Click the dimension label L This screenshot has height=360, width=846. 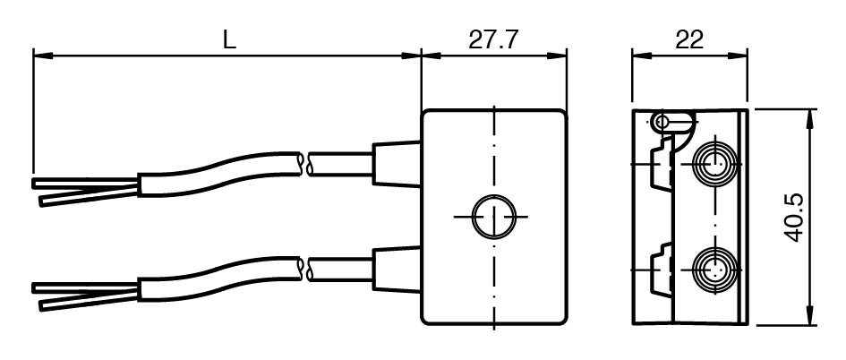pos(229,39)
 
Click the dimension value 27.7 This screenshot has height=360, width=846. pos(493,39)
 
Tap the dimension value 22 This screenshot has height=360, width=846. pos(689,39)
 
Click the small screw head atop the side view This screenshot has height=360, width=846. pos(662,121)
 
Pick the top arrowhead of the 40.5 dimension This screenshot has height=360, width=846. pos(813,116)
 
